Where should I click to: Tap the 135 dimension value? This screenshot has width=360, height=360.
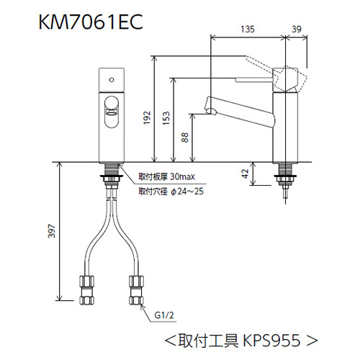pos(248,30)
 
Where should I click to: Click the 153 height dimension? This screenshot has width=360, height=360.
pos(166,119)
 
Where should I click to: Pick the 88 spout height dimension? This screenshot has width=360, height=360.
pos(186,138)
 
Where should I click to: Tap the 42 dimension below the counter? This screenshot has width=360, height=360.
pos(246,173)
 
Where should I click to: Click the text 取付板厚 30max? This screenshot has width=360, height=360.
pos(165,176)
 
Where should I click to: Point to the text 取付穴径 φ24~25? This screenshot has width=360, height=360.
pos(171,192)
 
